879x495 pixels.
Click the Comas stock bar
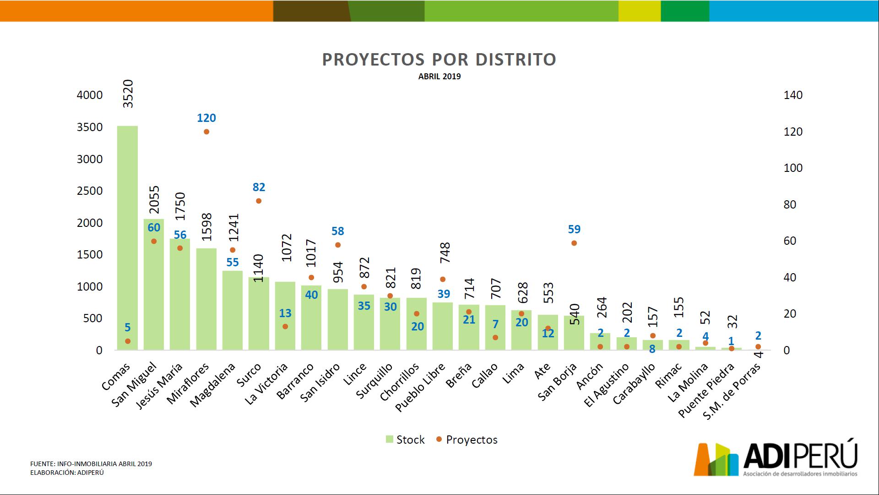click(x=127, y=238)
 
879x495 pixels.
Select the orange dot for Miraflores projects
click(x=206, y=132)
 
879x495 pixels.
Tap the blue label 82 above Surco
click(x=259, y=187)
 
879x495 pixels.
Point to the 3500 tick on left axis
click(x=90, y=127)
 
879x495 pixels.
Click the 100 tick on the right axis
click(x=793, y=168)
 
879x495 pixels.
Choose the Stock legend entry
click(x=405, y=440)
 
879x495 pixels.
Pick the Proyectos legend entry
click(x=467, y=440)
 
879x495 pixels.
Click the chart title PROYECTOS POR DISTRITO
click(x=439, y=60)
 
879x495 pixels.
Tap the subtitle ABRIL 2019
click(x=439, y=77)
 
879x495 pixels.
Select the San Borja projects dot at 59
click(x=574, y=243)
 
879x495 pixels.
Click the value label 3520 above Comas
click(x=129, y=94)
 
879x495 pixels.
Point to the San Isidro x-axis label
click(x=321, y=382)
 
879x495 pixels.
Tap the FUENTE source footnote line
click(x=91, y=464)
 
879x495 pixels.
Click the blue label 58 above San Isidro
click(x=338, y=231)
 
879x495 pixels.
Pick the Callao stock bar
click(x=495, y=328)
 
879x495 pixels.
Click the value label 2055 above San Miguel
click(x=155, y=200)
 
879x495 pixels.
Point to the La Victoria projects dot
click(x=285, y=327)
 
